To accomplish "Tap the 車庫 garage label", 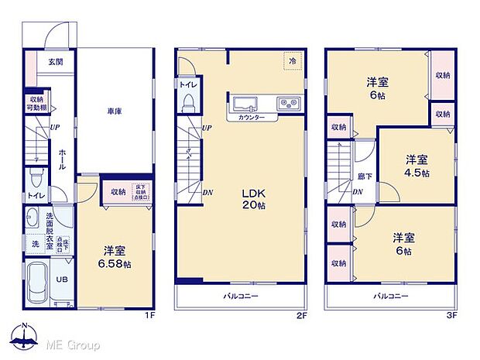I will (x=115, y=111).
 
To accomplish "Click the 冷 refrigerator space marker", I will (x=292, y=60).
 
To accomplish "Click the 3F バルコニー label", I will (x=391, y=297).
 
